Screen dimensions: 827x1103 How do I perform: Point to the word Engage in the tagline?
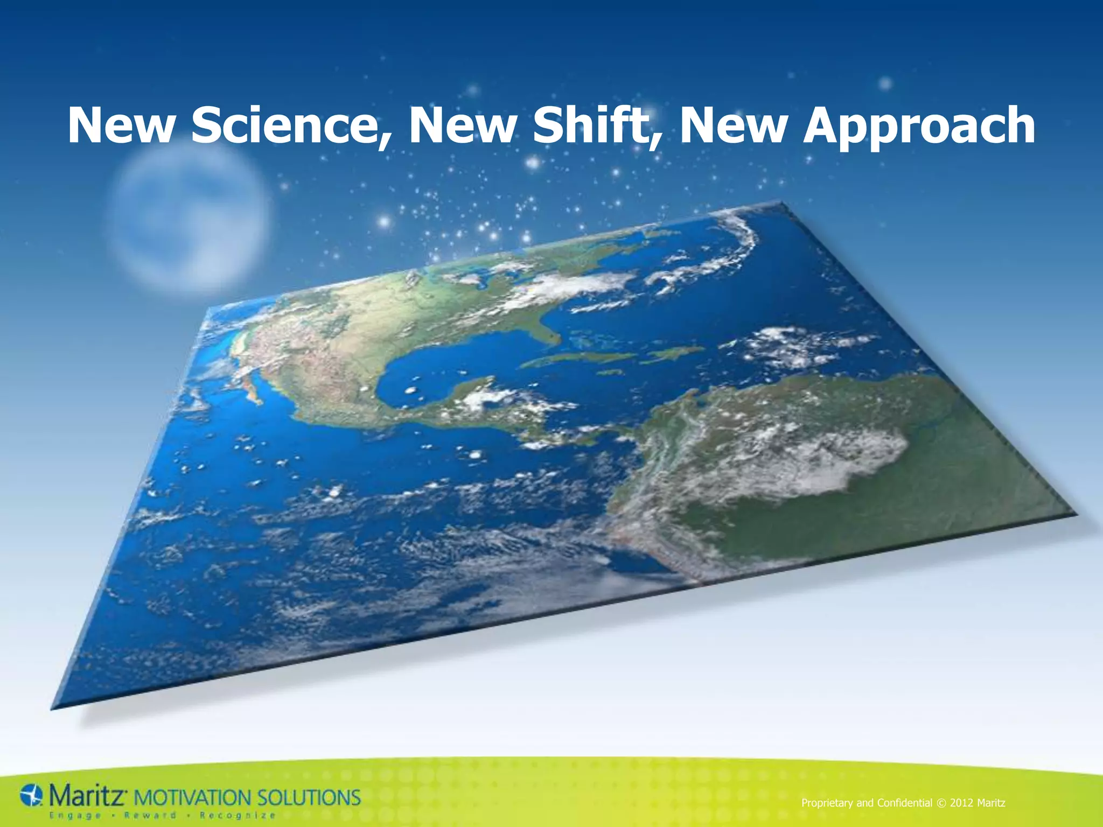tap(75, 815)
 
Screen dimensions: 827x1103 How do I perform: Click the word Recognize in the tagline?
tap(238, 815)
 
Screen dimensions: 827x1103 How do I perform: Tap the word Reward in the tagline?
tap(150, 815)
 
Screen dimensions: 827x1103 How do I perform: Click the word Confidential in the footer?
tap(904, 803)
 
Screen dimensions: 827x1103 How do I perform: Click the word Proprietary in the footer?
tap(827, 803)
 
